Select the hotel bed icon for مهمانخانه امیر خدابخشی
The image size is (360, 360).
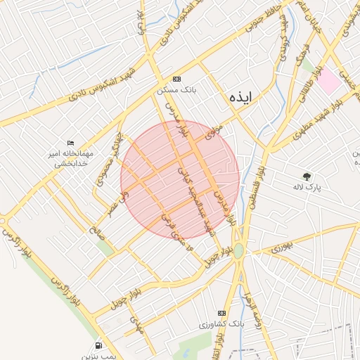(70, 143)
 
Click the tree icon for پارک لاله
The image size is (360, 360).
(306, 176)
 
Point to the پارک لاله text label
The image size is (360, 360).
(307, 188)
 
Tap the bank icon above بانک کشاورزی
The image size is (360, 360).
(221, 313)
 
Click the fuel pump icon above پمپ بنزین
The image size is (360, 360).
(97, 345)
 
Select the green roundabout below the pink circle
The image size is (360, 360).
(239, 250)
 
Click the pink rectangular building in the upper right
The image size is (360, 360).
(328, 82)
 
